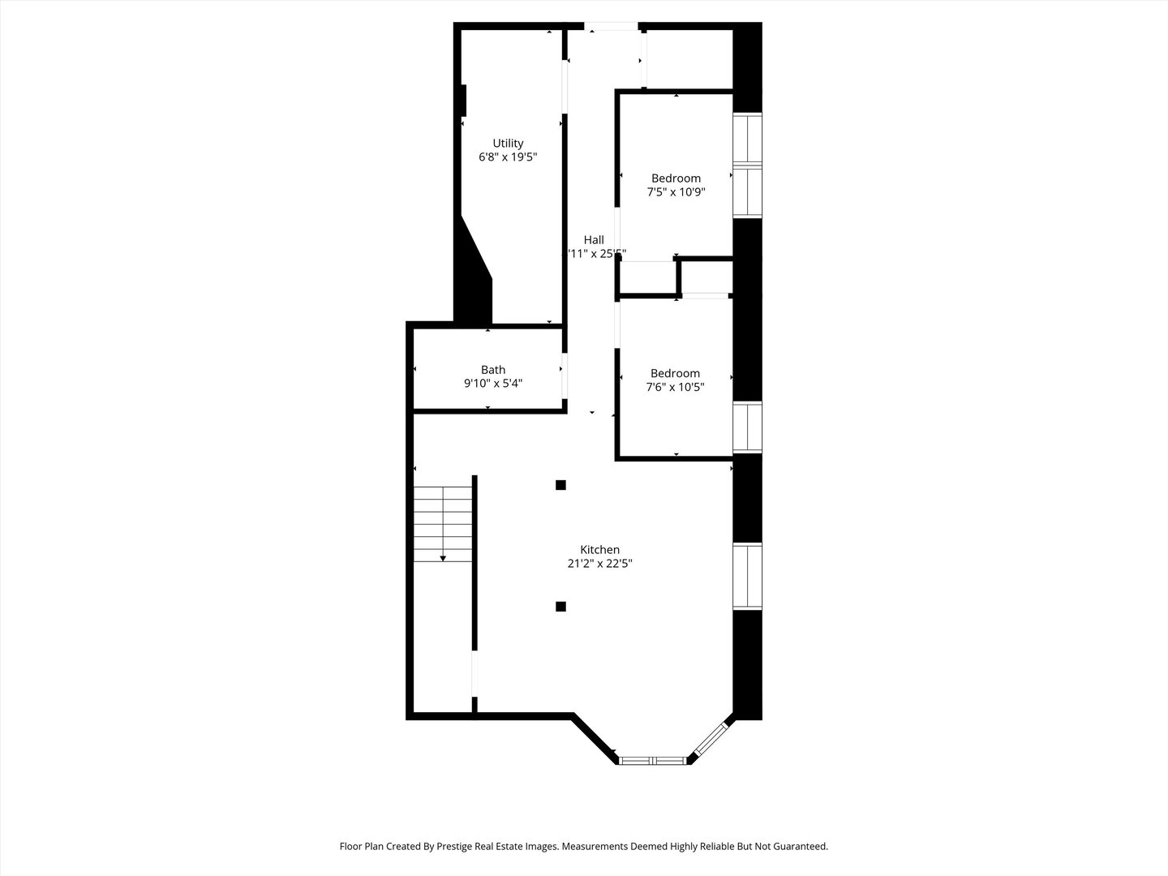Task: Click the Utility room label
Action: (508, 144)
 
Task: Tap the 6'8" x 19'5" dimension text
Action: (508, 157)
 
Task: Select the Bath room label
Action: (492, 370)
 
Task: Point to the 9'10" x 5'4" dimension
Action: (492, 384)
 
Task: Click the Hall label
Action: (594, 240)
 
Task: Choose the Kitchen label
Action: (599, 550)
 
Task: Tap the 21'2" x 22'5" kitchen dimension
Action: (599, 564)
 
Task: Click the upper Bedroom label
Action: (676, 178)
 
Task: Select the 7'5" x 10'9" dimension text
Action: (676, 193)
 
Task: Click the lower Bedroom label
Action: (675, 374)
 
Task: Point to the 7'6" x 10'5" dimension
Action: (675, 388)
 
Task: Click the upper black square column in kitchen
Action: (560, 485)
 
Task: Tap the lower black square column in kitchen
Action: (560, 606)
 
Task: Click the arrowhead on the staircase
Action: (443, 558)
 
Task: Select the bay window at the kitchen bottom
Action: (653, 760)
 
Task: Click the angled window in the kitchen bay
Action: (711, 738)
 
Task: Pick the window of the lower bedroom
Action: (747, 427)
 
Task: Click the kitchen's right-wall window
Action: (747, 576)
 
